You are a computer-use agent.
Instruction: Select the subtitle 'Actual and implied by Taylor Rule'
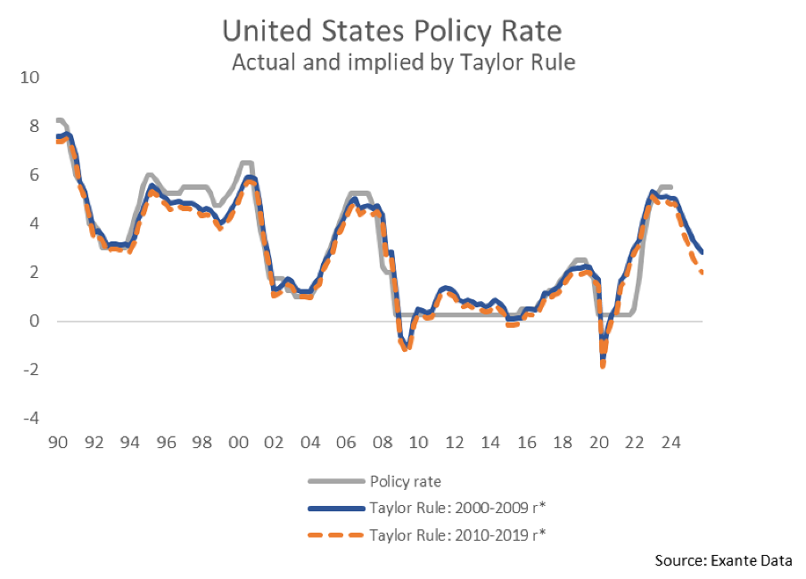403,62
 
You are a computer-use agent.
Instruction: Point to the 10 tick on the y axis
30,77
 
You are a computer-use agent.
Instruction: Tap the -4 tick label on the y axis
30,418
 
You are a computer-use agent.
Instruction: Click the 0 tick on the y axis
36,321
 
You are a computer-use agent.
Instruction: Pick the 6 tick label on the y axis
36,175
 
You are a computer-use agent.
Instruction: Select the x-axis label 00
237,443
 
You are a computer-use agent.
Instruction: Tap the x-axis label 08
382,443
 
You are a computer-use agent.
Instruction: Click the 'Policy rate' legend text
405,482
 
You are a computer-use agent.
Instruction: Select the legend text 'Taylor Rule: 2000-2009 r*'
457,509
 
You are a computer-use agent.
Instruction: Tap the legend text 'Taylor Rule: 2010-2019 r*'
457,534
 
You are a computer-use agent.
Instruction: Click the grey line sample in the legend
335,482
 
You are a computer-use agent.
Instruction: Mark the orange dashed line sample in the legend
335,534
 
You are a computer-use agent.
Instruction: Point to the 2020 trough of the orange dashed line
603,365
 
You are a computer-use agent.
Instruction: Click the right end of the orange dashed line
703,273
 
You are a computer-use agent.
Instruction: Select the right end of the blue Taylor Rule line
703,252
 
